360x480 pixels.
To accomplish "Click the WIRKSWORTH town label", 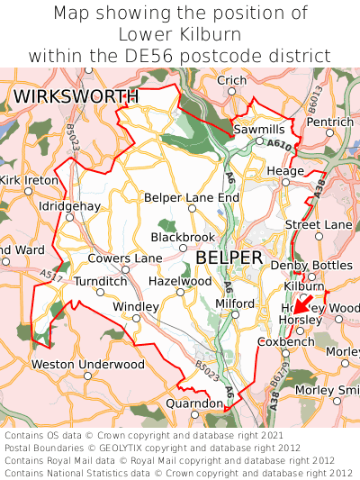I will [76, 96].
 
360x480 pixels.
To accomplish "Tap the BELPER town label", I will [229, 258].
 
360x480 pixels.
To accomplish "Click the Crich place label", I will [232, 81].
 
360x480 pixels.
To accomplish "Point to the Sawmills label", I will [259, 130].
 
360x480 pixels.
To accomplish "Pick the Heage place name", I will [286, 171].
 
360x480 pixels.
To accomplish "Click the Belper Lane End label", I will [193, 197].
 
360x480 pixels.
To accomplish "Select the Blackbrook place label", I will [183, 238].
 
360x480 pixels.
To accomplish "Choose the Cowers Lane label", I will [125, 258].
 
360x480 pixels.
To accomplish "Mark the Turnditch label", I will [101, 281].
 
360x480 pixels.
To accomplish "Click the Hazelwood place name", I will [180, 281].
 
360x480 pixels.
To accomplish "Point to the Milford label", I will [236, 303].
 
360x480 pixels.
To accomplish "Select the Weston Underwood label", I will [87, 364].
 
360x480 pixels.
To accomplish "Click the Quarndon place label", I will [193, 403].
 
